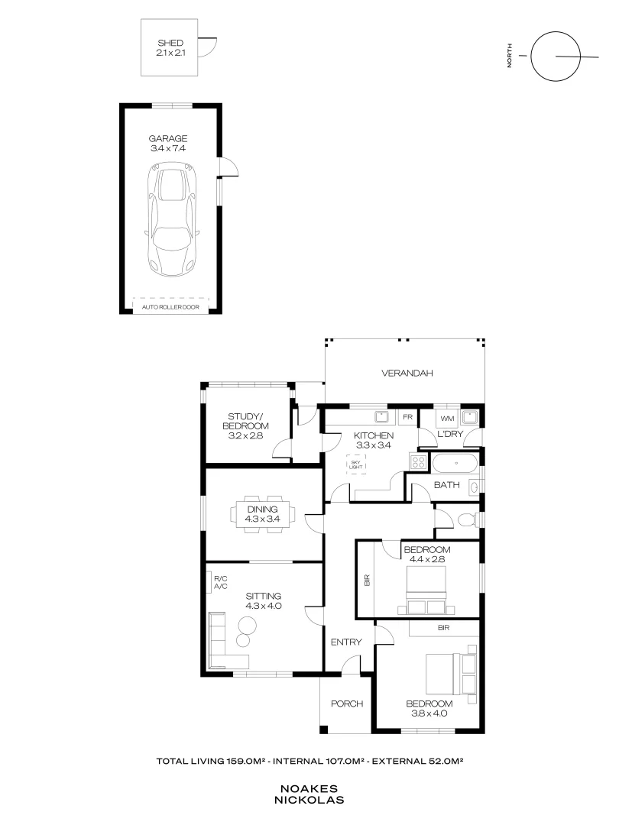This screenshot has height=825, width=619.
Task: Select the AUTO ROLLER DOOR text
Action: click(x=170, y=307)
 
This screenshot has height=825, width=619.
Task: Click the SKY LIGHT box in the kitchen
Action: click(x=355, y=464)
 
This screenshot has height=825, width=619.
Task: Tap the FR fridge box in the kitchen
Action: click(x=407, y=418)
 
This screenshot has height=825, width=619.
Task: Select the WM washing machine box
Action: click(x=446, y=419)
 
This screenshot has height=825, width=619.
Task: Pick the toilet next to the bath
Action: click(x=467, y=519)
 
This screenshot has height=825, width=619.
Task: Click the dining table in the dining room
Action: click(x=261, y=514)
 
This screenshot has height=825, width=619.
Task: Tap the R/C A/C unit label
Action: click(x=220, y=582)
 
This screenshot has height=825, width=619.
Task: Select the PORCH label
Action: click(x=346, y=704)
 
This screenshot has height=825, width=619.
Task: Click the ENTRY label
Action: click(x=345, y=642)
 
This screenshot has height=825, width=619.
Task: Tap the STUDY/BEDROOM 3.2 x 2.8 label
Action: click(x=245, y=425)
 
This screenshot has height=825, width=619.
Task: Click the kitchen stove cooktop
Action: click(x=419, y=462)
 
